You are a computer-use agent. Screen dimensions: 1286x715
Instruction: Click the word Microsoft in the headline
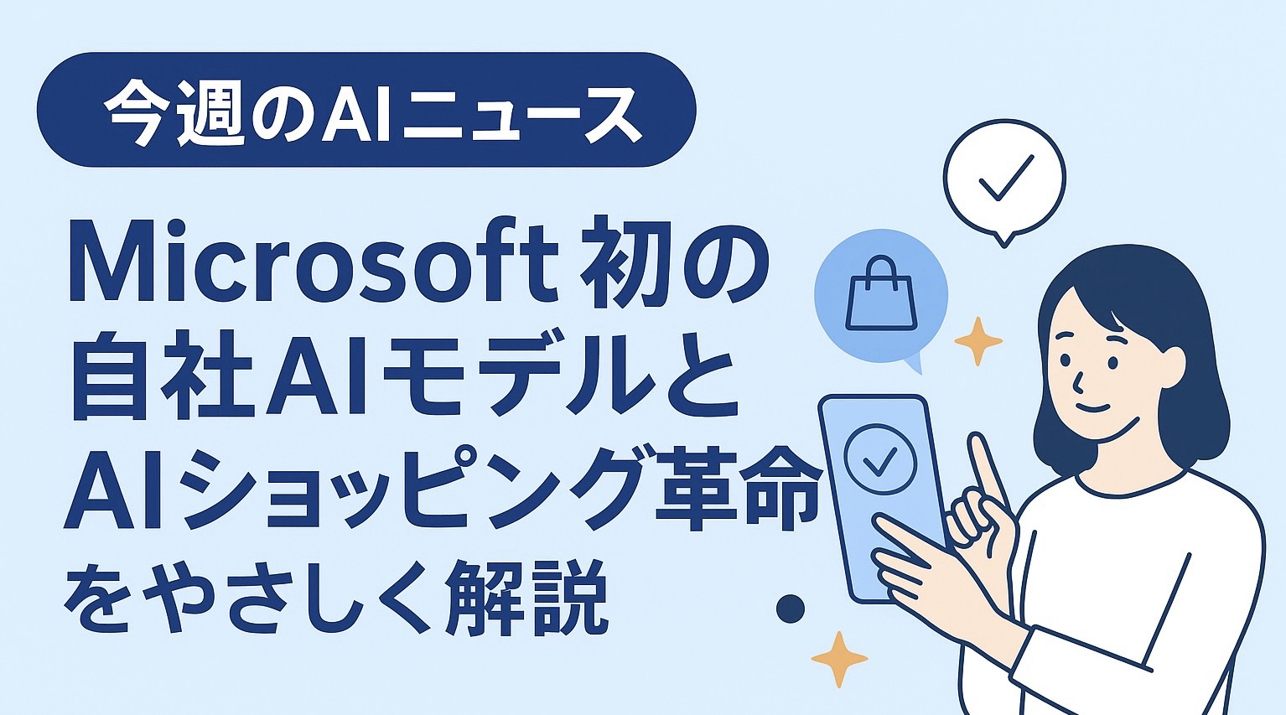pos(313,262)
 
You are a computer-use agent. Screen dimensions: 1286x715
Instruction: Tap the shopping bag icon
pos(881,294)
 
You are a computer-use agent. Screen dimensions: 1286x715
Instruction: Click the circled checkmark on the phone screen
pos(880,459)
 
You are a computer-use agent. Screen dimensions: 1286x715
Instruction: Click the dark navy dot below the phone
pos(790,609)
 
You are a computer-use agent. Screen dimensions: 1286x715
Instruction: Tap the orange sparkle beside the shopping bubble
pos(978,341)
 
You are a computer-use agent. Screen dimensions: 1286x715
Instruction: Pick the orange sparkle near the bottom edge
pos(839,660)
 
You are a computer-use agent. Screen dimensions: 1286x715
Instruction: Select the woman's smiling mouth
pos(1092,408)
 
